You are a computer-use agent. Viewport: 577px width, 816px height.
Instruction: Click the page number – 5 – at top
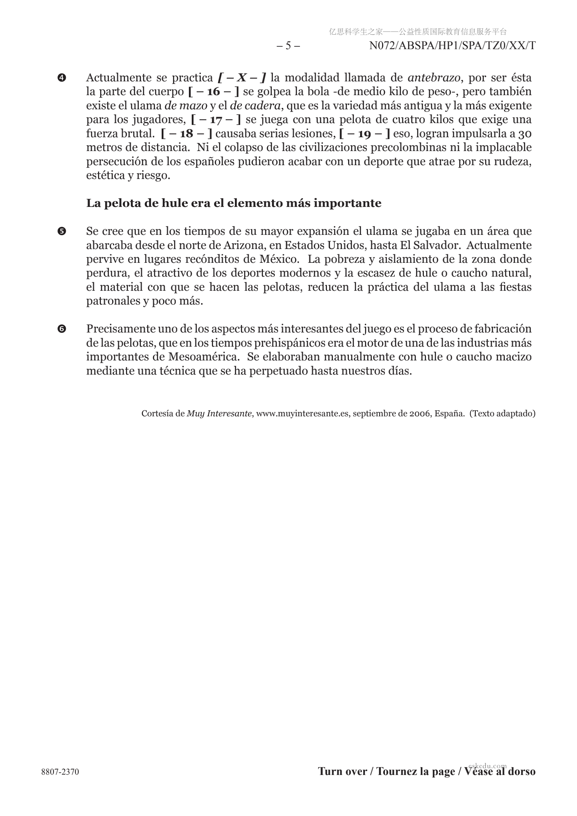tap(288, 46)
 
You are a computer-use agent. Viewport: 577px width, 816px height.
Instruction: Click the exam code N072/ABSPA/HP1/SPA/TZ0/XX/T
tap(452, 46)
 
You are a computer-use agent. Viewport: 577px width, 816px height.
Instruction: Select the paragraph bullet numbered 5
tap(62, 232)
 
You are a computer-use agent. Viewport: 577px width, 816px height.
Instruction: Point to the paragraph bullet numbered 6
tap(62, 329)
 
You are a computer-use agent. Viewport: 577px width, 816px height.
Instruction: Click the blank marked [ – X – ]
tap(242, 77)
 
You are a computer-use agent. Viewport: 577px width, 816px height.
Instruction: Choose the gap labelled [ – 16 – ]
tap(213, 92)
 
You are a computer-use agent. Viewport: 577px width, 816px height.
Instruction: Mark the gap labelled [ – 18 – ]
tap(187, 134)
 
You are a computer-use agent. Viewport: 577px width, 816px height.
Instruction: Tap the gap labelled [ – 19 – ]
tap(364, 134)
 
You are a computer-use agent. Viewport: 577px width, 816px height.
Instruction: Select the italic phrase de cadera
tap(256, 105)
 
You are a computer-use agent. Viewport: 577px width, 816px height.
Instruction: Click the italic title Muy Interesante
tap(219, 414)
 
